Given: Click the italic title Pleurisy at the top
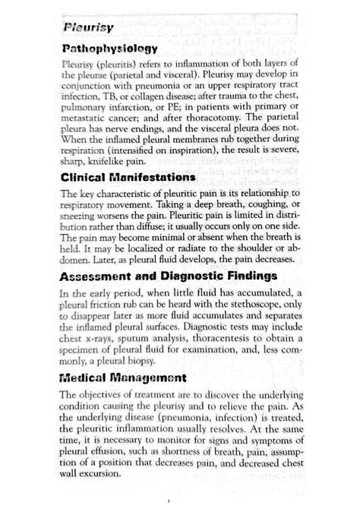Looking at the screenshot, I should tap(89, 29).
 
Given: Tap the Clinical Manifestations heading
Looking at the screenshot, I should tap(127, 177).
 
